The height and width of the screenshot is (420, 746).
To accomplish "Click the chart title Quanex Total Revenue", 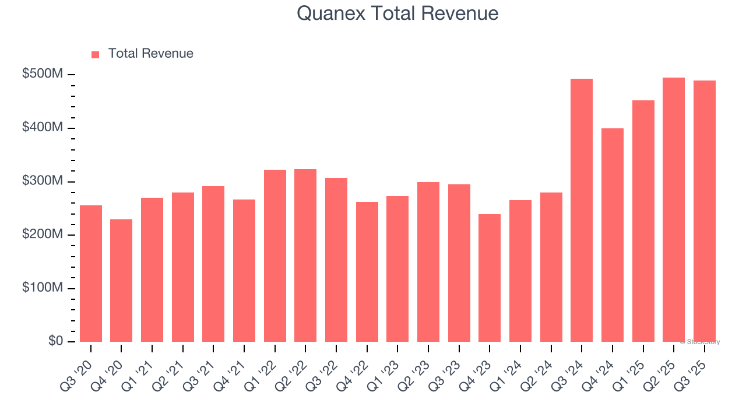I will pos(397,13).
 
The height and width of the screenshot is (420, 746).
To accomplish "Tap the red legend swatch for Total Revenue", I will pos(96,54).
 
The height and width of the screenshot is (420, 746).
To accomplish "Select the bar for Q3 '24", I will pos(582,210).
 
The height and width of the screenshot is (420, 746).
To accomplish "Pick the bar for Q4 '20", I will pos(121,281).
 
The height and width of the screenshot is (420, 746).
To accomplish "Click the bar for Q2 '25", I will pos(674,209).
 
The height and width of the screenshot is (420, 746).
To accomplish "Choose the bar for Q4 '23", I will pos(490,278).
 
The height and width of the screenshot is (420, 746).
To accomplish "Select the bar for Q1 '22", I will pos(275,256).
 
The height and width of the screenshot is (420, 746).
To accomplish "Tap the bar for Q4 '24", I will pos(613,235).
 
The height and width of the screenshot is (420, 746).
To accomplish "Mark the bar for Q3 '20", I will pos(91,274).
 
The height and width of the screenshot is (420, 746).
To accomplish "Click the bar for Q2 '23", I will pos(428,262).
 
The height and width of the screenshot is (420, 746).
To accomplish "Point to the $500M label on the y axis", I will pos(43,74).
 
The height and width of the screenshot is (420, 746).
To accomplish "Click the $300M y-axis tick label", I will pos(43,181).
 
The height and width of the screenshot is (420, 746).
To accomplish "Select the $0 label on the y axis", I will pos(55,341).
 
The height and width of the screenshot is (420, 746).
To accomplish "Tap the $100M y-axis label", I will pos(43,288).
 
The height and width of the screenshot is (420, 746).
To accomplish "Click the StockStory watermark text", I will pos(700,342).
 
